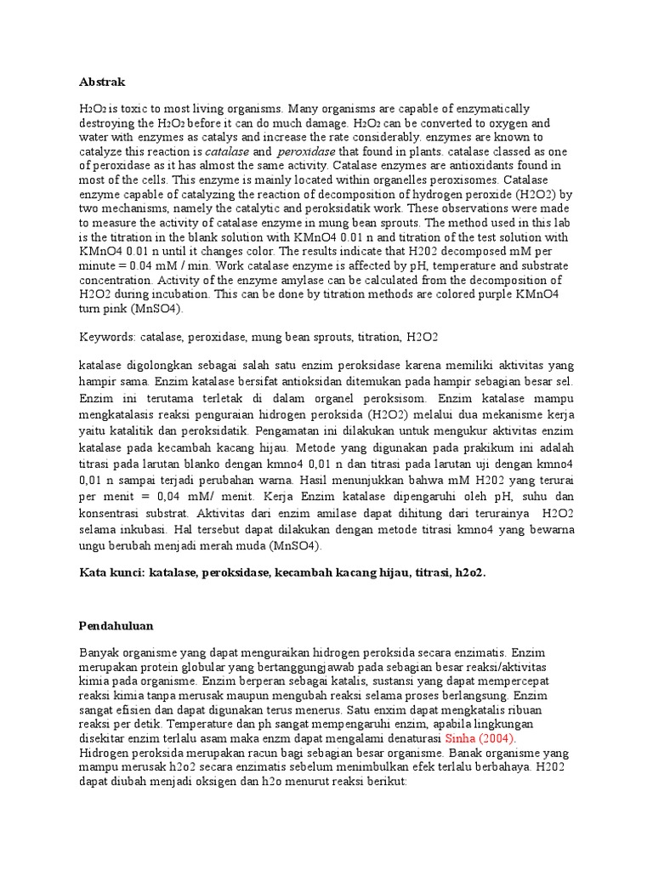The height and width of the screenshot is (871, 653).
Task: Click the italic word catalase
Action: [227, 151]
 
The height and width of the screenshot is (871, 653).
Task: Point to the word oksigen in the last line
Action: [214, 779]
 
